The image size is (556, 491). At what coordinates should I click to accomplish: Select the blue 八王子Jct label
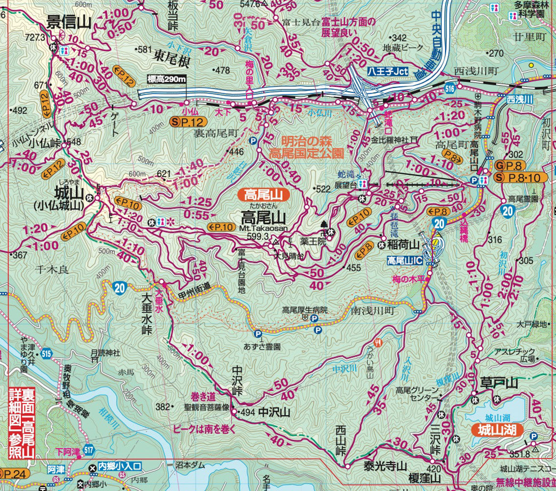point(388,72)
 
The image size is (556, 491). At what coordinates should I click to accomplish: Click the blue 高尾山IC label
point(405,260)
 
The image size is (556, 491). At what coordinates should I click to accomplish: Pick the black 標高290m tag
point(166,79)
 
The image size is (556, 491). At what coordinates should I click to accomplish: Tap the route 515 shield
point(47,354)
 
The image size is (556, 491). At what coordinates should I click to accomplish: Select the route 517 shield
point(88,449)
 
